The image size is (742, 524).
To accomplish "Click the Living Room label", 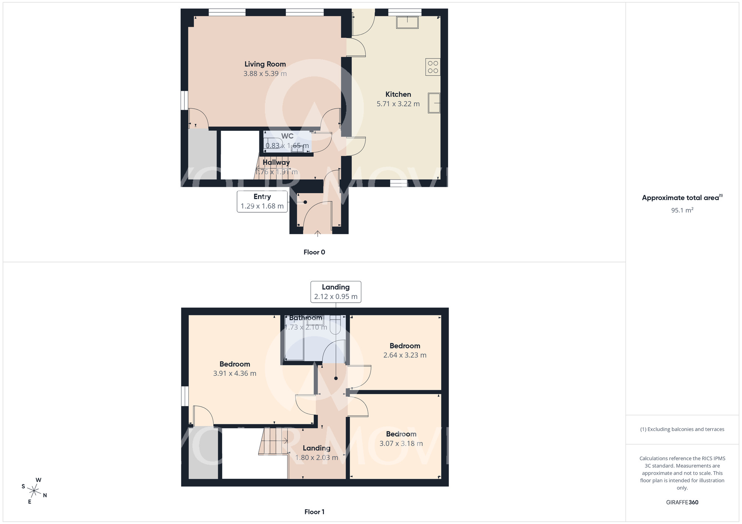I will (x=265, y=64).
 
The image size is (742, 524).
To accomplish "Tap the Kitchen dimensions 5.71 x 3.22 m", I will (x=398, y=104).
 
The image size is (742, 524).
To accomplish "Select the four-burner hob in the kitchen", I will (x=433, y=67).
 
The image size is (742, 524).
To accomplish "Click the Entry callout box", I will (x=262, y=201).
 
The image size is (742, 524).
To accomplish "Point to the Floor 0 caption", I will (x=314, y=252).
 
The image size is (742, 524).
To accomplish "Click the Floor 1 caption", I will (x=314, y=512).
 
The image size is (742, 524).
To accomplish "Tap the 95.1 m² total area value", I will (x=682, y=210).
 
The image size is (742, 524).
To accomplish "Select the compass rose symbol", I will (x=34, y=491).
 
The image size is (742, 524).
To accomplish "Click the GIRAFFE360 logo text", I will (x=682, y=503).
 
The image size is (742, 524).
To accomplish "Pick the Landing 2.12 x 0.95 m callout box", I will (x=336, y=292).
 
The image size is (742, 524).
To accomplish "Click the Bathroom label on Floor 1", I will (x=306, y=318).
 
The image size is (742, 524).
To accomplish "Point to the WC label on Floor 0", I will (x=287, y=136).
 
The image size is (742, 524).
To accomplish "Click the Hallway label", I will (x=276, y=162).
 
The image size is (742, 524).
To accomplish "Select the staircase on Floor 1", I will (x=274, y=441).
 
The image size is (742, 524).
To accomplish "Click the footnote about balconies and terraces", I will (x=682, y=430).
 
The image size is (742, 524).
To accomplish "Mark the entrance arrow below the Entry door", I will (x=318, y=233).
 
